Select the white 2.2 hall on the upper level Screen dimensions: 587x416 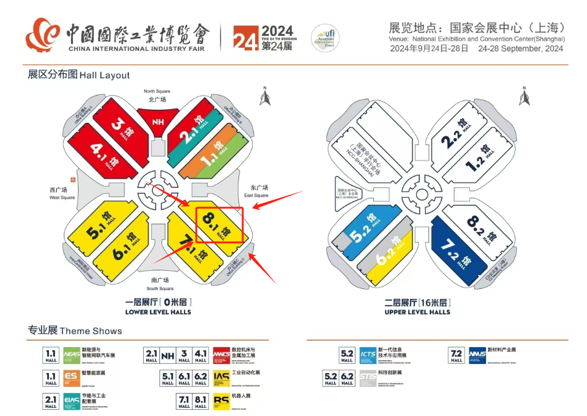458,136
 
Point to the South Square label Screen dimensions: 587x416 160,285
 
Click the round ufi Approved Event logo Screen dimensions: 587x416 323,38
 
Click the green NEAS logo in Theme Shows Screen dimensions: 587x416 71,356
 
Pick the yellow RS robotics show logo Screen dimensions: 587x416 221,402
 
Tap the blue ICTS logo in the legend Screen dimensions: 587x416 368,356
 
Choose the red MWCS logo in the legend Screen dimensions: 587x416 221,356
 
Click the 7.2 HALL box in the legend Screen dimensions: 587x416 456,356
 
